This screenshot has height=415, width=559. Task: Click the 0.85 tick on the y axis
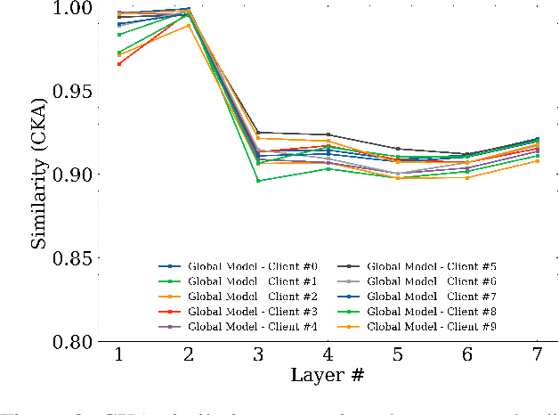coord(78,259)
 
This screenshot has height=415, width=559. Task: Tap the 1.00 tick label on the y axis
coord(78,8)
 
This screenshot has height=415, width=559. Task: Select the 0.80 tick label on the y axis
coord(78,343)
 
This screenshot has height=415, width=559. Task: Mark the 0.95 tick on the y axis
coord(78,92)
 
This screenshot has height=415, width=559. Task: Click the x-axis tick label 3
coord(258,355)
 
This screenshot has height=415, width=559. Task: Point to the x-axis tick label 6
coord(467,355)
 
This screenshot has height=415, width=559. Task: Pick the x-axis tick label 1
coord(119,355)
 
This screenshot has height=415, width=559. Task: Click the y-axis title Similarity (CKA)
coord(39,175)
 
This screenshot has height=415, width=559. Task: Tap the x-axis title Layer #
coord(328,375)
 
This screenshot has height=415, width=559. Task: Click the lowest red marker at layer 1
coord(119,63)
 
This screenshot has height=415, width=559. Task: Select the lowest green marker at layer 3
coord(258,181)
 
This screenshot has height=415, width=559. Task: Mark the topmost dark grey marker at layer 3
coord(258,133)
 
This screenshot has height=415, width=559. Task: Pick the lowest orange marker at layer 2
coord(189,25)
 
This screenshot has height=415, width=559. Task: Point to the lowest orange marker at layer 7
coord(537,160)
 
